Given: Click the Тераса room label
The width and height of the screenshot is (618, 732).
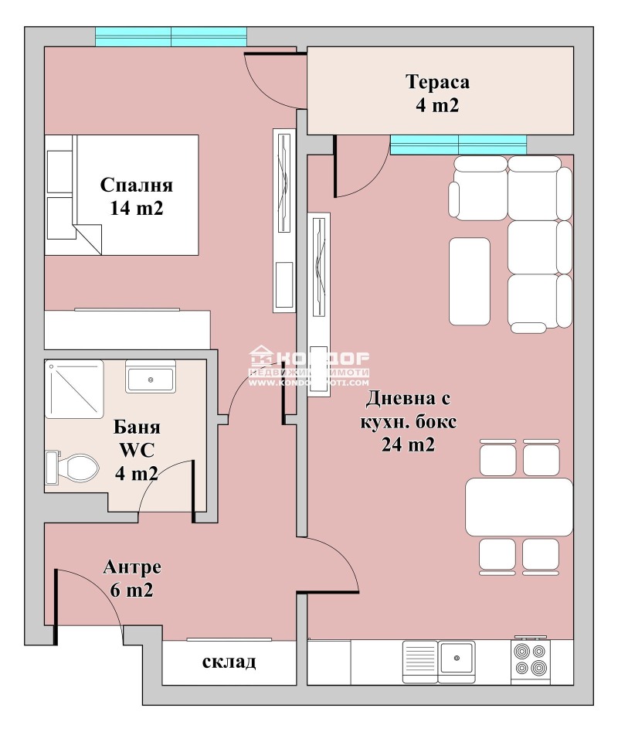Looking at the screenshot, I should [x=438, y=93].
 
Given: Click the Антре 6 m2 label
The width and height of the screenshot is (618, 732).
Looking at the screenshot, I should [x=131, y=578].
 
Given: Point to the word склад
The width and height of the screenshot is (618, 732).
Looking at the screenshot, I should [x=229, y=662].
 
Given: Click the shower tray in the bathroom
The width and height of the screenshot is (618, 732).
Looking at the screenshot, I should [x=73, y=389].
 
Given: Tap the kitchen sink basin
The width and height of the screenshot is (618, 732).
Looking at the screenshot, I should [x=457, y=660].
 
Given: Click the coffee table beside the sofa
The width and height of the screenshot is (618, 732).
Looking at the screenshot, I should [x=469, y=281].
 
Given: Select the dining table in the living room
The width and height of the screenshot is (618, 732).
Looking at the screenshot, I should [x=518, y=506].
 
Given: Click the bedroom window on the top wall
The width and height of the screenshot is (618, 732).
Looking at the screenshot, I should [x=171, y=36].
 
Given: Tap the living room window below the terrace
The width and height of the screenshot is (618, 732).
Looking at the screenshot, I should [x=458, y=145].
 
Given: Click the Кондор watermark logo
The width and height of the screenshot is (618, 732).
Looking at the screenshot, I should [x=309, y=368].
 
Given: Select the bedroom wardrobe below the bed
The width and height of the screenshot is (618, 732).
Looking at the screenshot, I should [x=127, y=330].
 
